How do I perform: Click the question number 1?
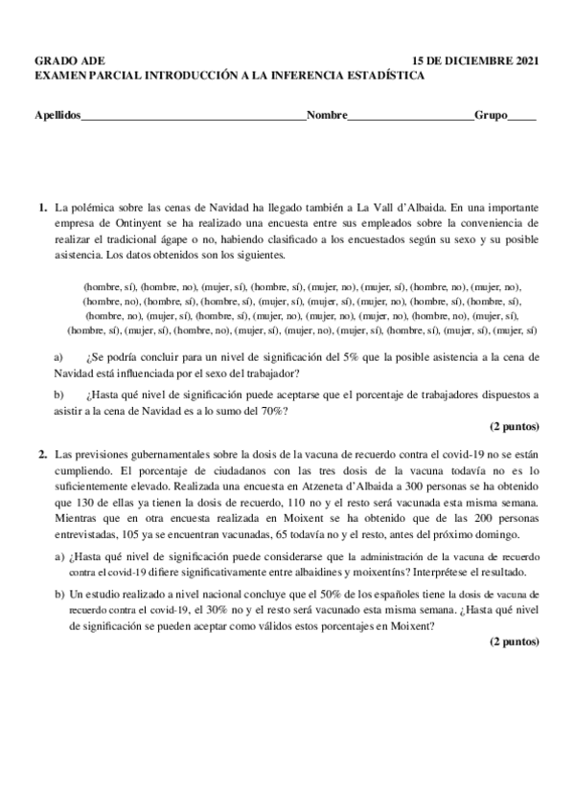[x=42, y=206]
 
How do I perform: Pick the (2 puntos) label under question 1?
[x=515, y=426]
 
